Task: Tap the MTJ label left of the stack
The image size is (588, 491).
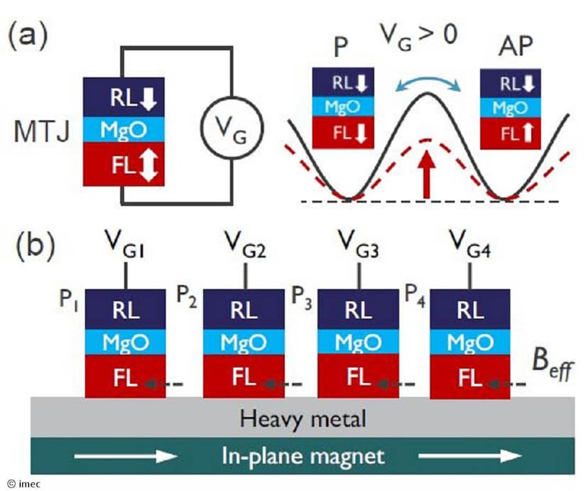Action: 45,131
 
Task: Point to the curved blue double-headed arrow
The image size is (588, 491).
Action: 427,82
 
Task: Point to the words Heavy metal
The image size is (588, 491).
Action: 303,418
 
